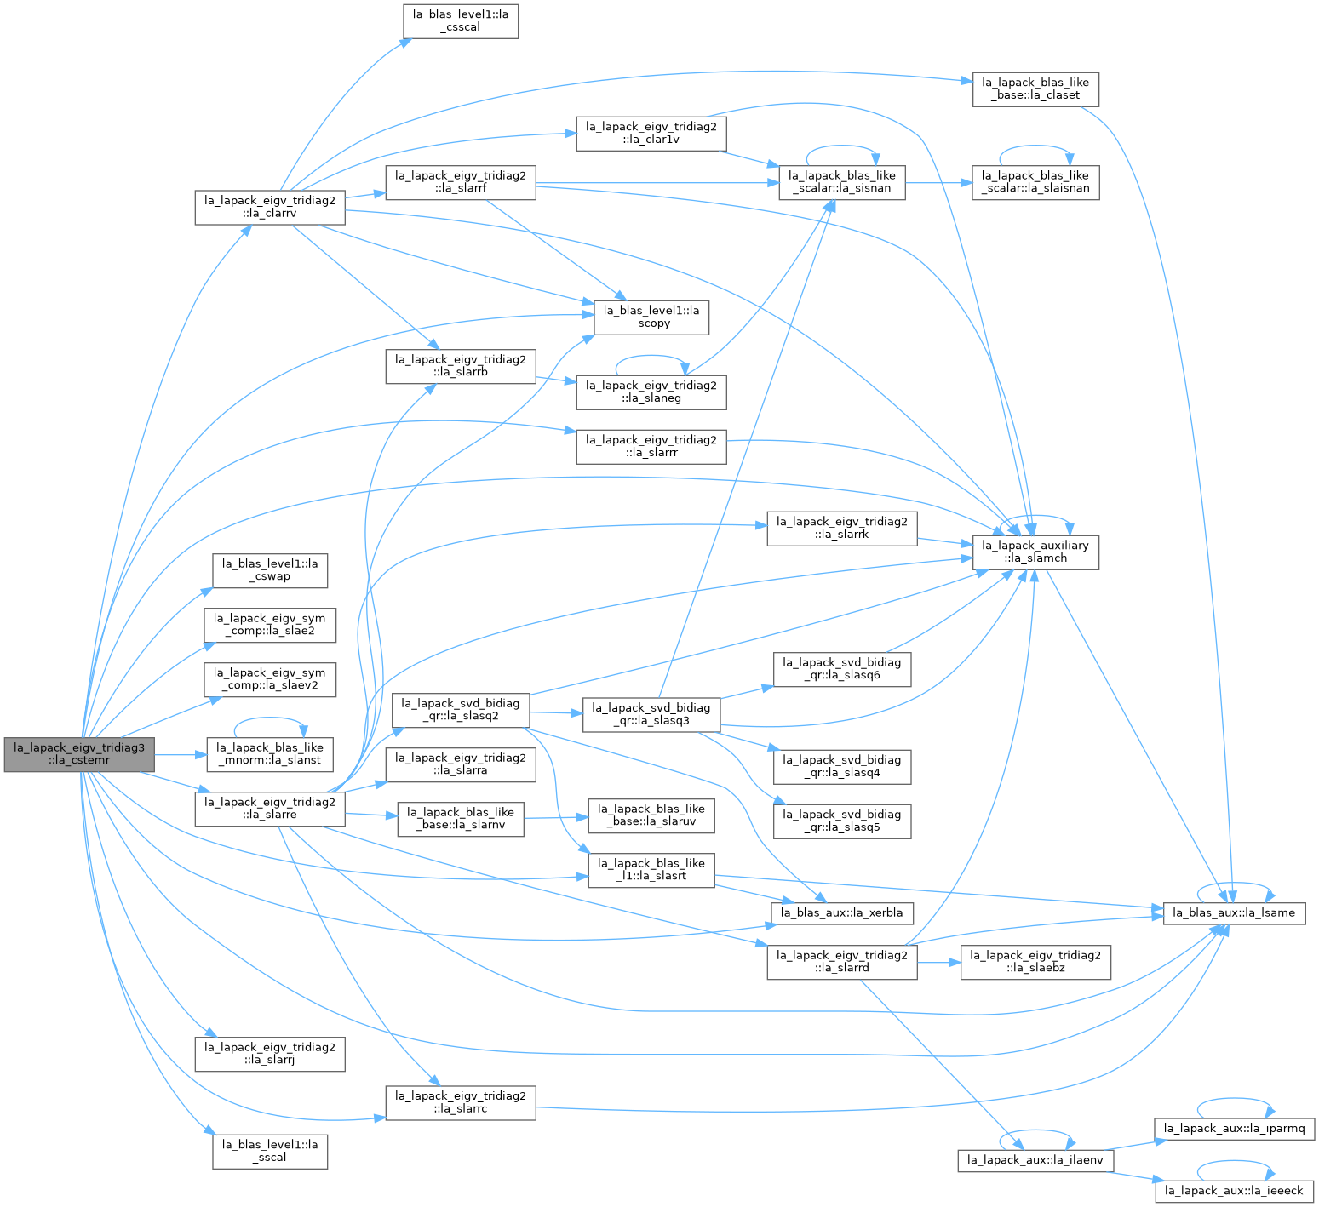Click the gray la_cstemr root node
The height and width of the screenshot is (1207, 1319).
(x=80, y=754)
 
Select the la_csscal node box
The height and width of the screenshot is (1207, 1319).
(x=461, y=20)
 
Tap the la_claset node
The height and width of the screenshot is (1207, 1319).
(x=1035, y=89)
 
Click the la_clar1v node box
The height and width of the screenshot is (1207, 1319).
(x=651, y=134)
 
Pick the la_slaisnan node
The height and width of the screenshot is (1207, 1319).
(x=1035, y=182)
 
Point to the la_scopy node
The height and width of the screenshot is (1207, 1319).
(x=650, y=317)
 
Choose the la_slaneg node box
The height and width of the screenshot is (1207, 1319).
(x=651, y=392)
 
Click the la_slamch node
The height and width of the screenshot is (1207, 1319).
(x=1035, y=552)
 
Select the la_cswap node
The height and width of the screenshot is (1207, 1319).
(x=270, y=570)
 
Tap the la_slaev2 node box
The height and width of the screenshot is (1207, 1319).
(x=270, y=679)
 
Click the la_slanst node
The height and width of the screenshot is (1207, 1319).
(x=270, y=754)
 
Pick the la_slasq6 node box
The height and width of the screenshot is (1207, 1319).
(x=842, y=669)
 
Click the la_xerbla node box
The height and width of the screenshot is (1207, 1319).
(x=842, y=912)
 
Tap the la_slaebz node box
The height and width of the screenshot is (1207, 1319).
(x=1035, y=962)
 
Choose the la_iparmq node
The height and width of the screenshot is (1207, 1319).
(x=1234, y=1129)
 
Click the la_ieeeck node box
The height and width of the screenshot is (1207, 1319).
(x=1234, y=1191)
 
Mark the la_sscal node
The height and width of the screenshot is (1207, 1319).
(x=270, y=1151)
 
